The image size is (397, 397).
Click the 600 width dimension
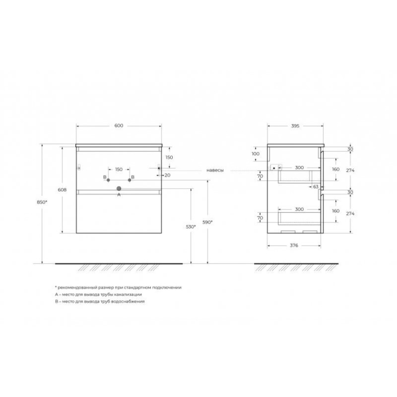119,126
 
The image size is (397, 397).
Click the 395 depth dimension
295,126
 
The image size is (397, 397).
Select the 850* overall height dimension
42,202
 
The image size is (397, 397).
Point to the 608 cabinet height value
63,190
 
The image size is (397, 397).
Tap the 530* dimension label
191,227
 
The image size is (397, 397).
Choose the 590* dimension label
207,222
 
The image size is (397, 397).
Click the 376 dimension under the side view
294,245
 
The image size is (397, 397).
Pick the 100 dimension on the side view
256,154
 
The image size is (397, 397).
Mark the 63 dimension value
316,187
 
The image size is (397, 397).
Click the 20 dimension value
167,175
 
